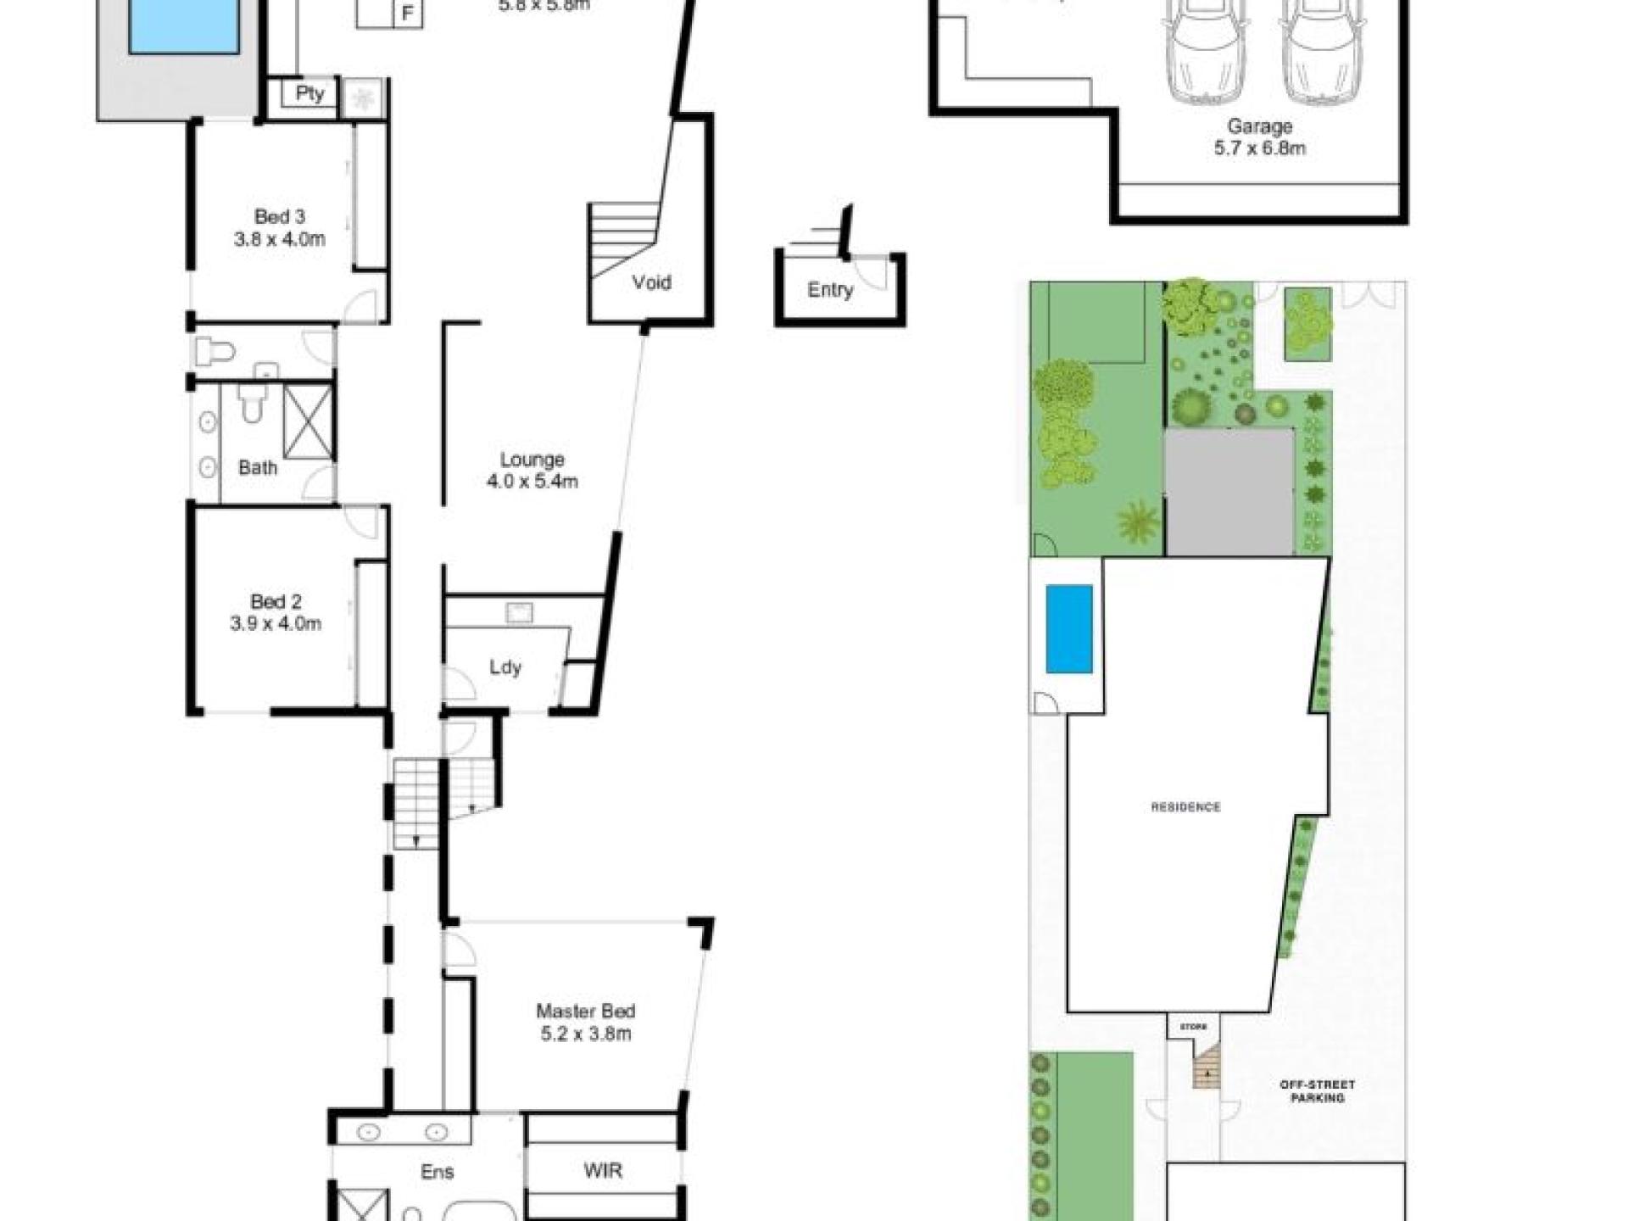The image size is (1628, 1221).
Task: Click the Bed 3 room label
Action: [279, 227]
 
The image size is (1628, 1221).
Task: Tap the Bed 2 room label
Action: [276, 612]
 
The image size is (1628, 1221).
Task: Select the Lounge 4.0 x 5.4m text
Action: [532, 471]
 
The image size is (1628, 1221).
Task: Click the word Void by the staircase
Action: [651, 282]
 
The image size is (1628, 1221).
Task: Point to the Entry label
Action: [829, 290]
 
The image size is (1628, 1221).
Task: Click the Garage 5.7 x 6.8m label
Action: [1259, 137]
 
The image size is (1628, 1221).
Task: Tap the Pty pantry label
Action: [309, 93]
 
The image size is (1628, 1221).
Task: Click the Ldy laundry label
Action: [505, 667]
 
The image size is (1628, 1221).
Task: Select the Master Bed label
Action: [585, 1022]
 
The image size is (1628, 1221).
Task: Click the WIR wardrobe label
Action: [603, 1171]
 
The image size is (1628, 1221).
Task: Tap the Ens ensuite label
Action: [438, 1172]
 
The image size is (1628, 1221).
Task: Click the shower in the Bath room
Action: [308, 422]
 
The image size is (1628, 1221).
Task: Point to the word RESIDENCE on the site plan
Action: [1185, 807]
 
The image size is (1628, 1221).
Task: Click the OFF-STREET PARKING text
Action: [1317, 1090]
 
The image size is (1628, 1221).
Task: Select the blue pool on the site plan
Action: [1068, 628]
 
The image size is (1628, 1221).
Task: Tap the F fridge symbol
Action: [408, 14]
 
